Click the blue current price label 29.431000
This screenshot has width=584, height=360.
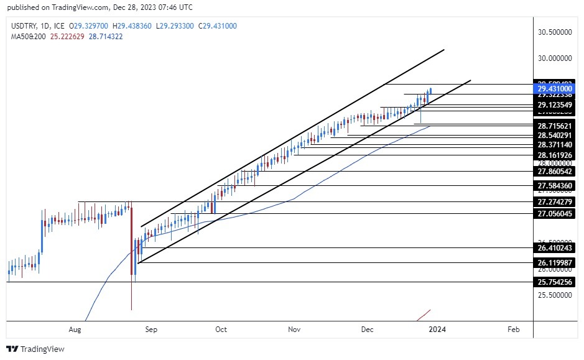coord(555,89)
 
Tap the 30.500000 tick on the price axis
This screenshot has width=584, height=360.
coord(555,31)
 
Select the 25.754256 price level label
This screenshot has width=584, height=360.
coord(555,282)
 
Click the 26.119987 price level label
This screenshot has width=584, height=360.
coord(555,263)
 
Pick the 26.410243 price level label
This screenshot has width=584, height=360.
coord(555,248)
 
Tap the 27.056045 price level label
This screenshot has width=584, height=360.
coord(555,213)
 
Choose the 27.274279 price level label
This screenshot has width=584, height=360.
coord(555,202)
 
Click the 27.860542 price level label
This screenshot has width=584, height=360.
coord(555,171)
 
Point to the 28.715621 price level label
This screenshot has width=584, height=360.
coord(555,126)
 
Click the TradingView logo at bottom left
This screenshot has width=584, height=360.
coord(35,349)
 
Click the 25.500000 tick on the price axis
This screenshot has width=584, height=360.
coord(555,295)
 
